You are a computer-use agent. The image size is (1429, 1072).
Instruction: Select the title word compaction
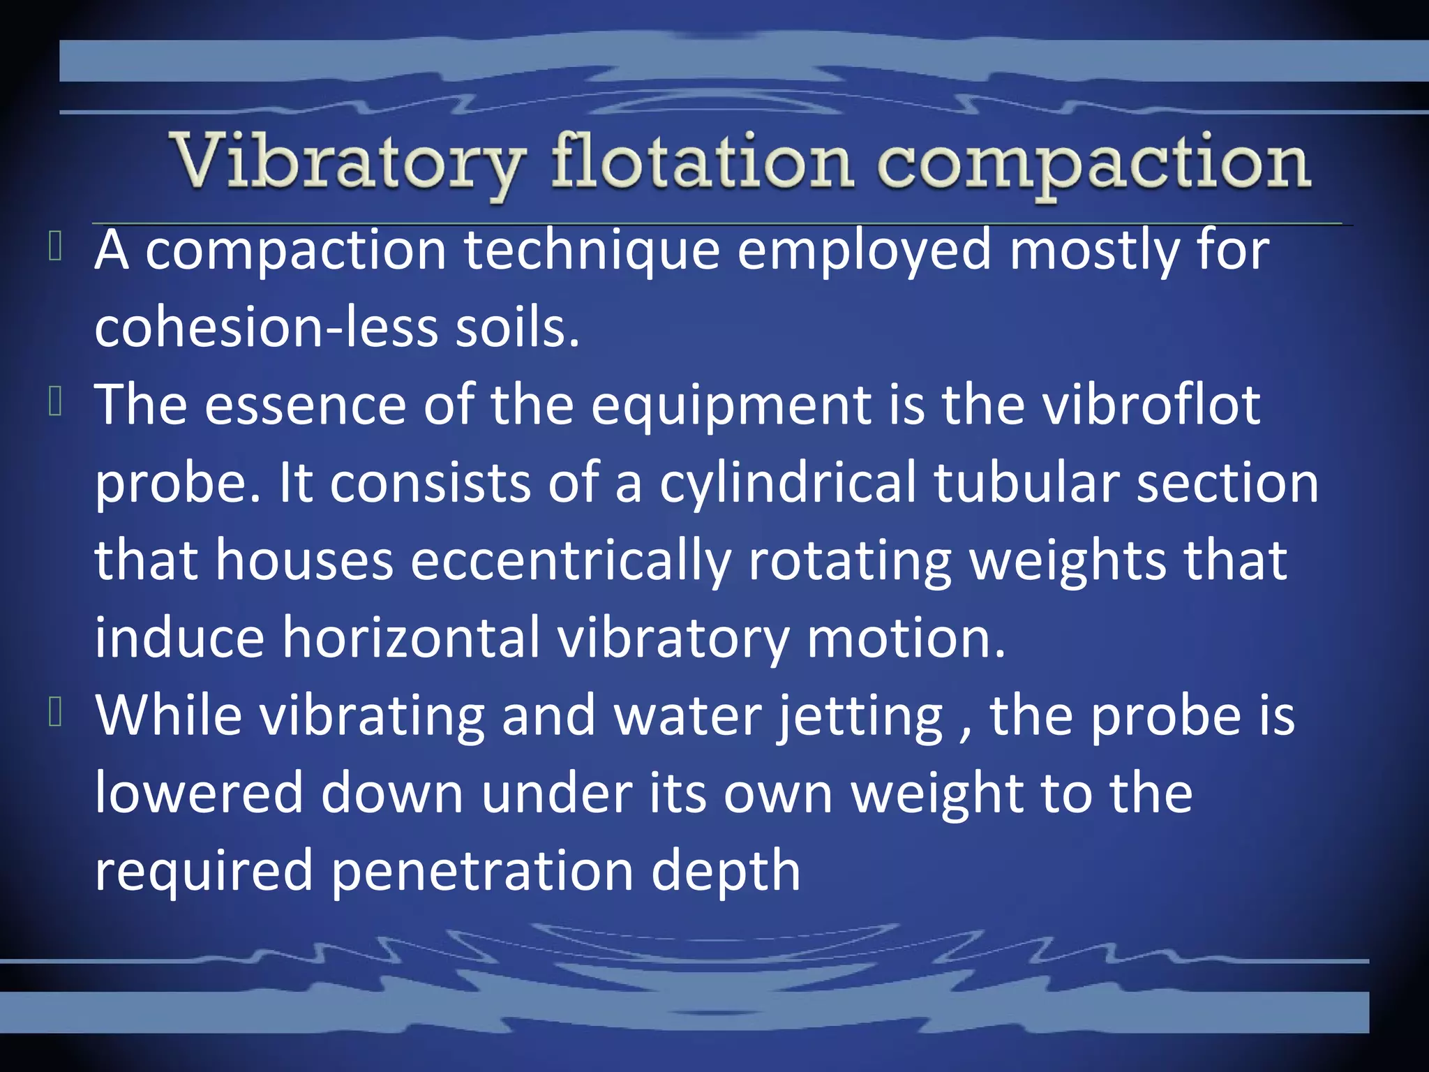pyautogui.click(x=1093, y=165)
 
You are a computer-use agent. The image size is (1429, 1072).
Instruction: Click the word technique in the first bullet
pyautogui.click(x=592, y=251)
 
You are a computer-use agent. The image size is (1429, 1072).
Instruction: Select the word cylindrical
pyautogui.click(x=788, y=484)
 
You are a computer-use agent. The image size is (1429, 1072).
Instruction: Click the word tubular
pyautogui.click(x=1026, y=482)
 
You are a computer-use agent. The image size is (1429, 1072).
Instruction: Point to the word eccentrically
pyautogui.click(x=570, y=561)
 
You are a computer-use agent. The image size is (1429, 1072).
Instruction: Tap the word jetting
pyautogui.click(x=860, y=717)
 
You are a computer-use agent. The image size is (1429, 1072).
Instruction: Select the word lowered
pyautogui.click(x=199, y=794)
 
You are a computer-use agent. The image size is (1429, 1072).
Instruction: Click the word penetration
pyautogui.click(x=482, y=872)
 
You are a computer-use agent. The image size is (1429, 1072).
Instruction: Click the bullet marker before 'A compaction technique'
pyautogui.click(x=56, y=248)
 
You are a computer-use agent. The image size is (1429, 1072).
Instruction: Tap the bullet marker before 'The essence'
pyautogui.click(x=56, y=403)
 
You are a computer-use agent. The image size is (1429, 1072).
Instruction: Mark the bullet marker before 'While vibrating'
pyautogui.click(x=56, y=713)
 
